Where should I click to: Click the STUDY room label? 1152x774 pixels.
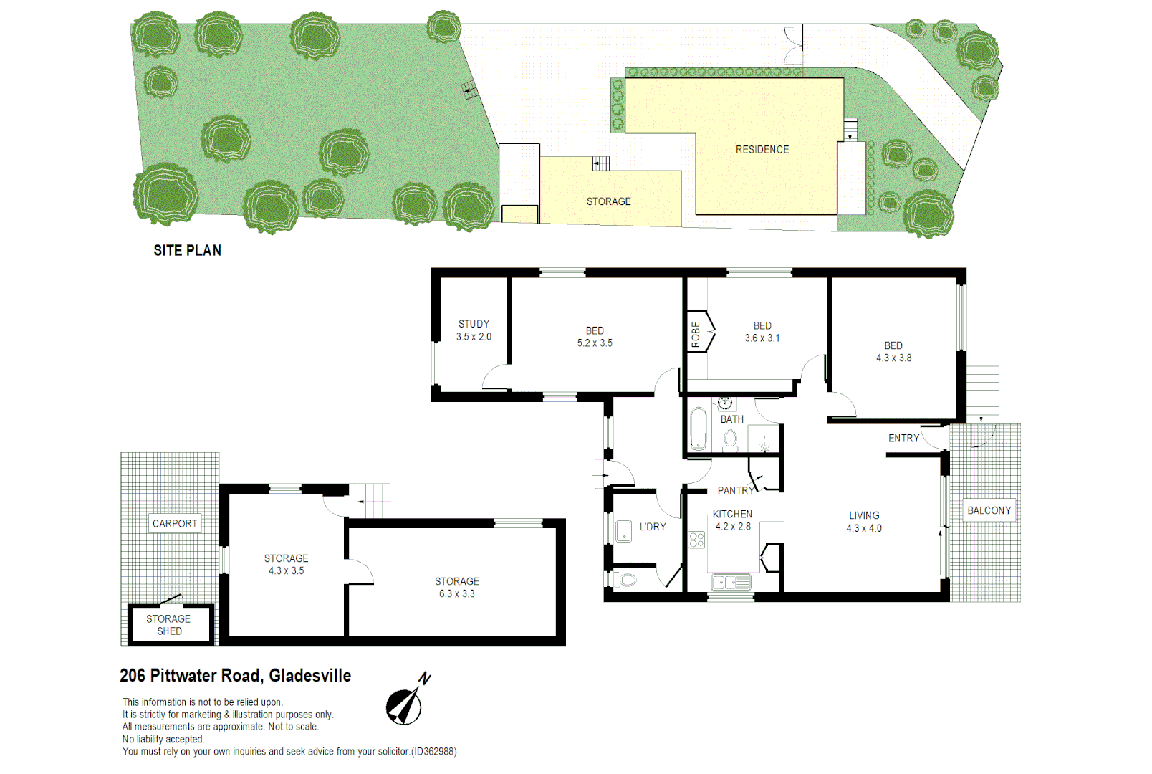pyautogui.click(x=474, y=324)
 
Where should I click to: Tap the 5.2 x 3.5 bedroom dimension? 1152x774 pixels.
pyautogui.click(x=595, y=343)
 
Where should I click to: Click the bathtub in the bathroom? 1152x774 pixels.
pyautogui.click(x=698, y=428)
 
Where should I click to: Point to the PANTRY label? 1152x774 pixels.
pyautogui.click(x=735, y=491)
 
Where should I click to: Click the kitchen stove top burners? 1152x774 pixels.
pyautogui.click(x=696, y=540)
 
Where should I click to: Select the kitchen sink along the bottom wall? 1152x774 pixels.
pyautogui.click(x=730, y=583)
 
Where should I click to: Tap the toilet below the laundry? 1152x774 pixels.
pyautogui.click(x=625, y=579)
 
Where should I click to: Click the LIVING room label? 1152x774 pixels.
pyautogui.click(x=864, y=515)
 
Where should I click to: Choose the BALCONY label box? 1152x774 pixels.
pyautogui.click(x=989, y=510)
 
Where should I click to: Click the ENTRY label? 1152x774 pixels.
pyautogui.click(x=903, y=439)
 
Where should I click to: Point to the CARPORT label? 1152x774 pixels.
pyautogui.click(x=174, y=524)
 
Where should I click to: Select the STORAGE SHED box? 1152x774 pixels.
pyautogui.click(x=169, y=625)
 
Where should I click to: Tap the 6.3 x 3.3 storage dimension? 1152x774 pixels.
pyautogui.click(x=456, y=594)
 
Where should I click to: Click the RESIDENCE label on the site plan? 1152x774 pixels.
pyautogui.click(x=762, y=150)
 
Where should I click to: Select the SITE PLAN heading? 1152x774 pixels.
pyautogui.click(x=187, y=251)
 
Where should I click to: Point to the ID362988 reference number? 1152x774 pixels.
pyautogui.click(x=433, y=752)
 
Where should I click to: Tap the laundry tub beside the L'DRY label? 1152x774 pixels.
pyautogui.click(x=623, y=531)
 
